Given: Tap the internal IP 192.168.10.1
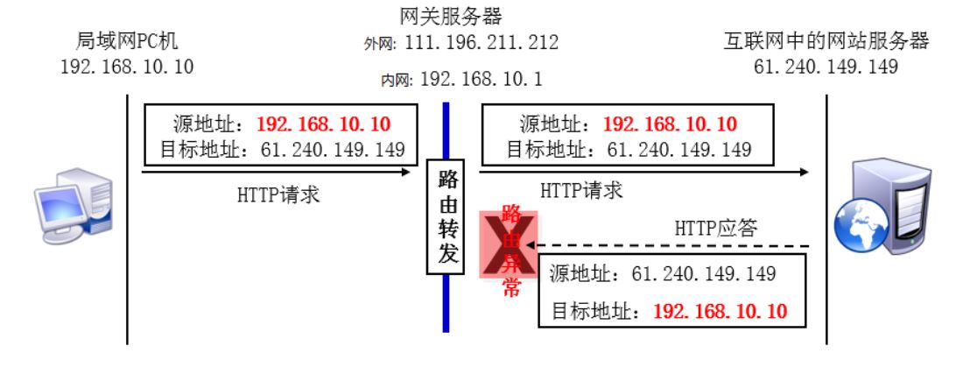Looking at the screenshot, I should tap(482, 79).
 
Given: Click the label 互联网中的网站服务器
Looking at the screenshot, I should tap(826, 40).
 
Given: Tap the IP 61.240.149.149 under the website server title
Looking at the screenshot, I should tap(826, 66).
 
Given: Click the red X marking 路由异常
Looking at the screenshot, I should tap(507, 246).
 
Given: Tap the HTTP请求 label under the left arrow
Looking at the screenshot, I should tap(278, 194).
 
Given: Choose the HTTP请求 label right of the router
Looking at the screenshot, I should tap(582, 188).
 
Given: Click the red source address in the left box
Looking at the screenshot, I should tap(323, 124).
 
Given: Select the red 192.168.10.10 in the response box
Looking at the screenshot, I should tap(720, 311).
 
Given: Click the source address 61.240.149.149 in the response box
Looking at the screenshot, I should tap(705, 273).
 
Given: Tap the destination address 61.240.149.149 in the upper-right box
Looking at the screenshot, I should tap(679, 149).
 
